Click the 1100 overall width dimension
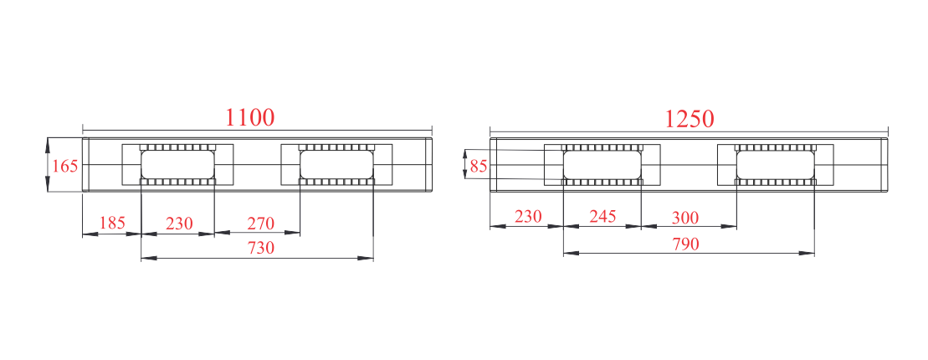pyautogui.click(x=249, y=117)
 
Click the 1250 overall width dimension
pyautogui.click(x=690, y=119)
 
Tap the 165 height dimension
pyautogui.click(x=65, y=166)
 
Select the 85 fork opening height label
pyautogui.click(x=479, y=167)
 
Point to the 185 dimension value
pyautogui.click(x=112, y=223)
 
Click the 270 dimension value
pyautogui.click(x=261, y=224)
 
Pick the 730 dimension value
pyautogui.click(x=261, y=248)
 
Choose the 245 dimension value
pyautogui.click(x=603, y=216)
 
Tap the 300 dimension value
pyautogui.click(x=685, y=218)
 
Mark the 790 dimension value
pyautogui.click(x=686, y=244)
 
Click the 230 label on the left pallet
pyautogui.click(x=179, y=224)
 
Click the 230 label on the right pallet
pyautogui.click(x=528, y=216)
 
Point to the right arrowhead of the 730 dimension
pyautogui.click(x=367, y=258)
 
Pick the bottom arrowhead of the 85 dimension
pyautogui.click(x=465, y=172)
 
